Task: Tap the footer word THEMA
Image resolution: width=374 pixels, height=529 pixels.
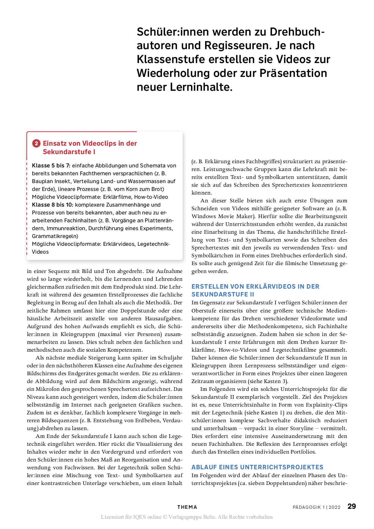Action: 187,507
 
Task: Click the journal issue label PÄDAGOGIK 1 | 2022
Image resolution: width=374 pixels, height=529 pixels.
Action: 316,507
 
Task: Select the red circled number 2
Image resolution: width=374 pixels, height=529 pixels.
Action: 36,143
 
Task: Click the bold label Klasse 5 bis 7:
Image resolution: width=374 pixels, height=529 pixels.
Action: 51,166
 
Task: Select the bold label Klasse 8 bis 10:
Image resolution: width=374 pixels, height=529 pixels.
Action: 52,205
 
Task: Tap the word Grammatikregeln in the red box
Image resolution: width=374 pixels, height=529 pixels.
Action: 55,236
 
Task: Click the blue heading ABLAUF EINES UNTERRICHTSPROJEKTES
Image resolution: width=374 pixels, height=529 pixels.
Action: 257,467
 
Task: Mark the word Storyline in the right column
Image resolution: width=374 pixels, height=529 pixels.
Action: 302,428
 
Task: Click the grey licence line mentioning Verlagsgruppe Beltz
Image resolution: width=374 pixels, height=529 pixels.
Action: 187,517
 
